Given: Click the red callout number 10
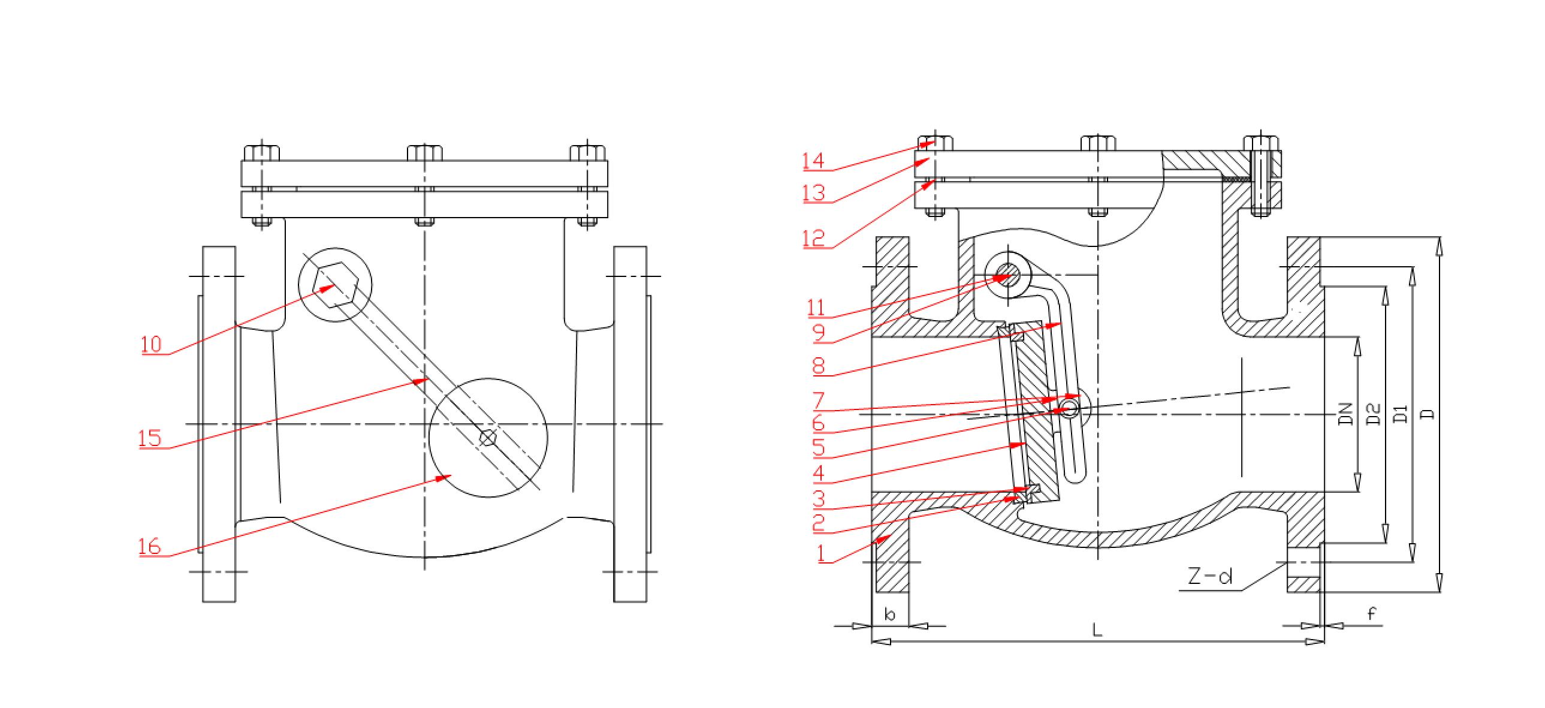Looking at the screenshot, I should pos(151,344).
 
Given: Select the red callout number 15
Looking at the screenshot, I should pos(150,438).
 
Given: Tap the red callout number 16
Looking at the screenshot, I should pos(150,546).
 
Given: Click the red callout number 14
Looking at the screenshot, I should pos(814,161).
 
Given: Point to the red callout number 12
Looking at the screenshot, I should pos(814,239).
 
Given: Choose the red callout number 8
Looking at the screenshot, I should pos(819,366).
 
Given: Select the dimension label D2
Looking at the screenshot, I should pos(1374,414).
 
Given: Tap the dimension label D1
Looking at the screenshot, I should pos(1401,414).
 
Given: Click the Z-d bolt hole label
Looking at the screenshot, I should pos(1210,577).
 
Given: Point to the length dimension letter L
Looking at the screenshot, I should pos(1097,629).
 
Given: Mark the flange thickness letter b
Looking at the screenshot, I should pos(890,614).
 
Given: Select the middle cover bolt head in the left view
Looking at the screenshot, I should pos(425,152).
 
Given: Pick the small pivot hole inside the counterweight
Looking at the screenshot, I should pos(488,438).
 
